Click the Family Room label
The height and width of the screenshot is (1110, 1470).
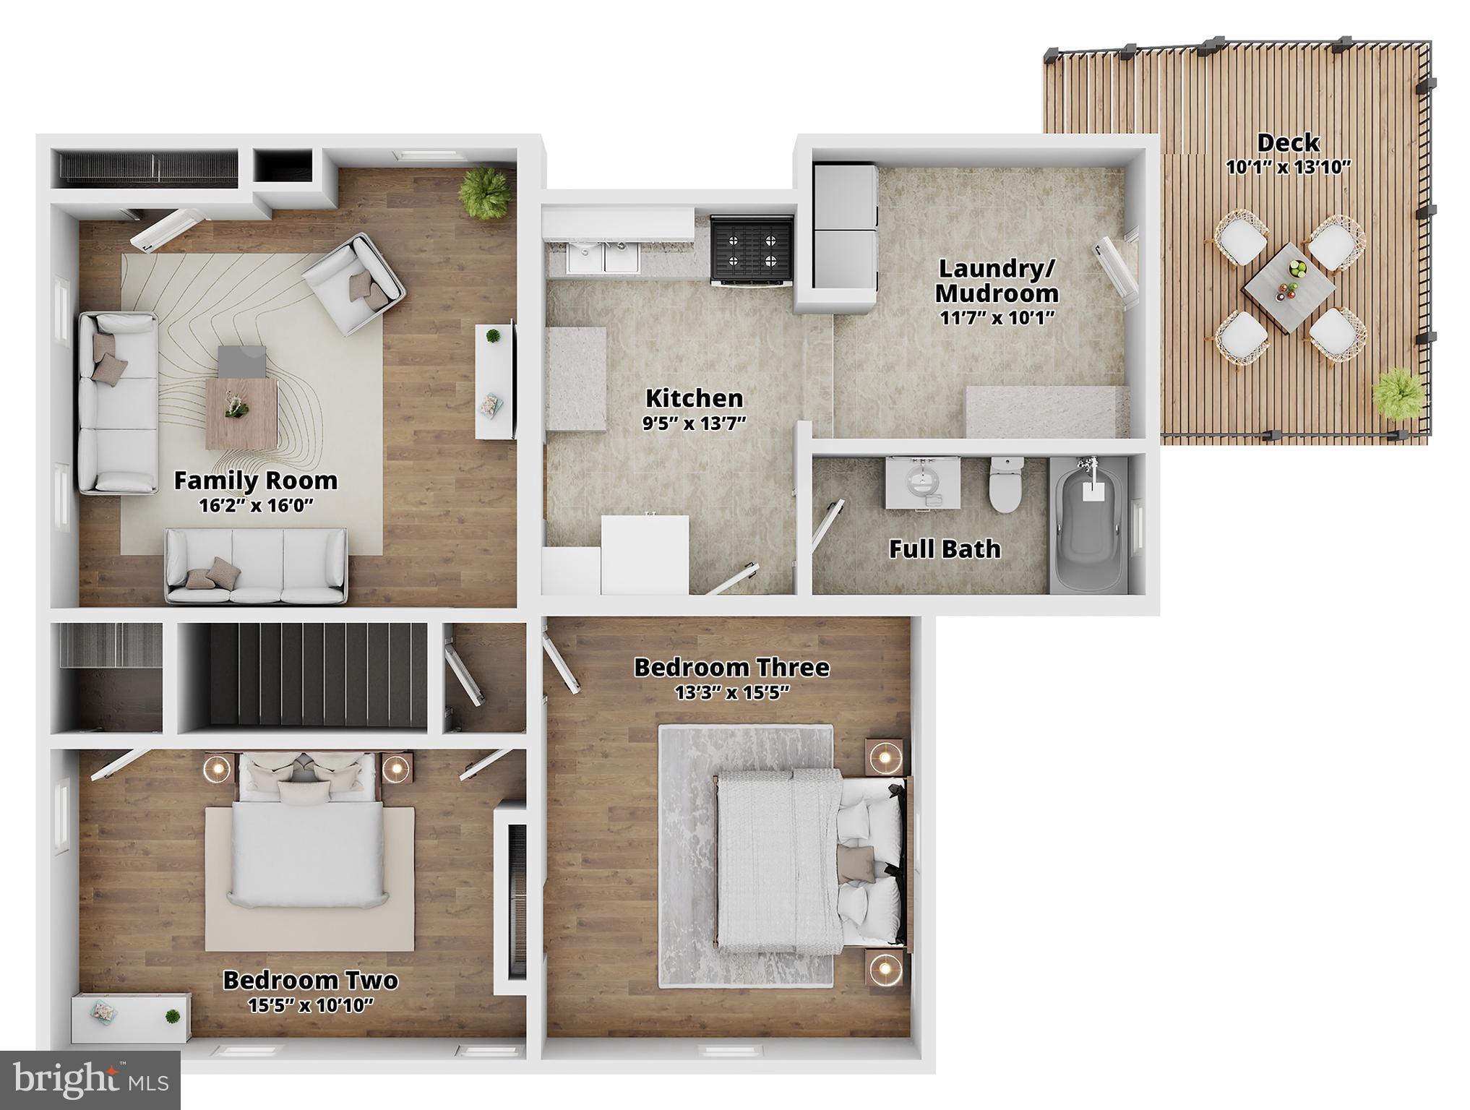pyautogui.click(x=256, y=481)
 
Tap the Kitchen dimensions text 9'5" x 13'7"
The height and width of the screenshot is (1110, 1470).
pyautogui.click(x=694, y=423)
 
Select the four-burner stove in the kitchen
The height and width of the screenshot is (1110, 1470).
pyautogui.click(x=752, y=249)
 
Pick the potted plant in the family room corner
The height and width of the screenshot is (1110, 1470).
pyautogui.click(x=485, y=191)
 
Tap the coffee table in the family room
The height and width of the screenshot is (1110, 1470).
pyautogui.click(x=241, y=412)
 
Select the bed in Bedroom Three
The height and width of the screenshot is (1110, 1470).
pyautogui.click(x=809, y=860)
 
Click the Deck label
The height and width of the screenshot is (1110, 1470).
pyautogui.click(x=1288, y=143)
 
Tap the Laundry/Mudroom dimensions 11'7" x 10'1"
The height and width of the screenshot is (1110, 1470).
pyautogui.click(x=997, y=317)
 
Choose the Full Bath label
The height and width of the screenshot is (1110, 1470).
pyautogui.click(x=945, y=549)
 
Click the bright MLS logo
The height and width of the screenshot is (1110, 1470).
pyautogui.click(x=90, y=1080)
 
